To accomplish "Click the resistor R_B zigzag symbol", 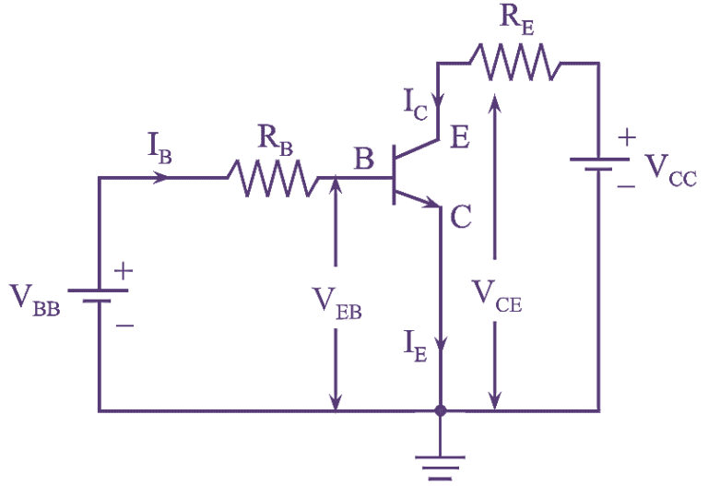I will [272, 178].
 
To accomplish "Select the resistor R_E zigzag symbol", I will [513, 63].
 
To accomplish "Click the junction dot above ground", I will [440, 410].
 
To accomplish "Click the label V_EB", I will [336, 301].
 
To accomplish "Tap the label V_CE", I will [497, 294].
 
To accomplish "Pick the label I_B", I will [159, 147].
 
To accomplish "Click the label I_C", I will [416, 105].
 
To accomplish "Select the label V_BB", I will [35, 299].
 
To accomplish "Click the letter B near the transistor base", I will [364, 160].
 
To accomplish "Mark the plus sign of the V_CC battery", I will [627, 137].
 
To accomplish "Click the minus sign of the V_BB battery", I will [124, 326].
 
